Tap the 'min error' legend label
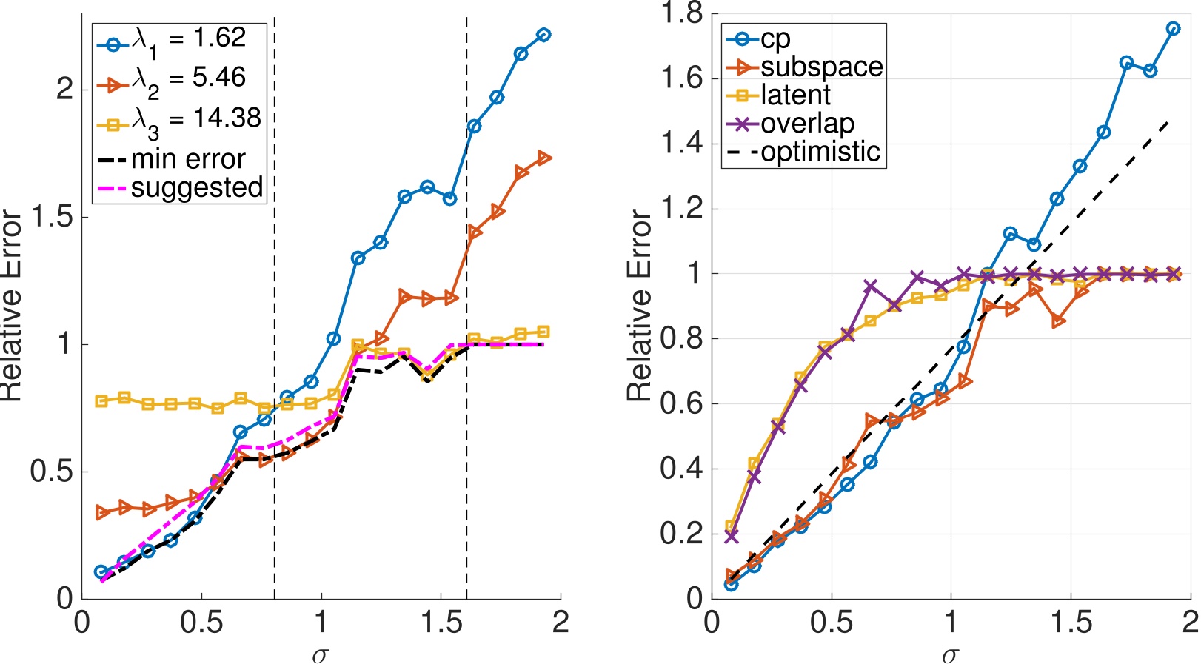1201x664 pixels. pyautogui.click(x=188, y=159)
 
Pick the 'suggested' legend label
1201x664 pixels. pyautogui.click(x=197, y=187)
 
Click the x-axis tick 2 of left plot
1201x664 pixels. pyautogui.click(x=561, y=623)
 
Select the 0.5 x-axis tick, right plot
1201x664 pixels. pyautogui.click(x=832, y=623)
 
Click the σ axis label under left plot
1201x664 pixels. pyautogui.click(x=319, y=654)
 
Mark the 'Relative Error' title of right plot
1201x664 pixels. pyautogui.click(x=639, y=305)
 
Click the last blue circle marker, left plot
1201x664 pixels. pyautogui.click(x=543, y=35)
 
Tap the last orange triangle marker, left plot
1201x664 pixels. pyautogui.click(x=544, y=158)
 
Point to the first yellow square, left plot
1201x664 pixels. pyautogui.click(x=101, y=401)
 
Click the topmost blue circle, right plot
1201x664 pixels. pyautogui.click(x=1173, y=28)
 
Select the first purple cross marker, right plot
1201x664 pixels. pyautogui.click(x=732, y=537)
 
